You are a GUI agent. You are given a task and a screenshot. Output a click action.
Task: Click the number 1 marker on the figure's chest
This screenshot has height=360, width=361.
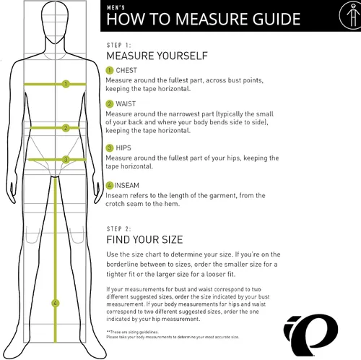[x=66, y=84]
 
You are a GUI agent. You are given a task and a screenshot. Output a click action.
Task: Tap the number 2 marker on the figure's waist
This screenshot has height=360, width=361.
[x=66, y=128]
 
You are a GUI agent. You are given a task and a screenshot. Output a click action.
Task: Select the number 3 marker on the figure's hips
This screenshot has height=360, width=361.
[x=66, y=160]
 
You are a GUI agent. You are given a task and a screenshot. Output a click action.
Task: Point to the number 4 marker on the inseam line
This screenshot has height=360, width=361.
[x=56, y=303]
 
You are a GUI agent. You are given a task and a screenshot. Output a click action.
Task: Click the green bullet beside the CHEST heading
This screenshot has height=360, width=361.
[x=110, y=70]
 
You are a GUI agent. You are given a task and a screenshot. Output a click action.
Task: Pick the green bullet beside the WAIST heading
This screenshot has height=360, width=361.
[x=110, y=104]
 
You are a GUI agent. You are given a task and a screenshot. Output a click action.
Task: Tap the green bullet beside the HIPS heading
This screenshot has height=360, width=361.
[x=110, y=147]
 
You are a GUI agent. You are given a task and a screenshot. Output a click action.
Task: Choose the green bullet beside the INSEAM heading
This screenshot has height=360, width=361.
[x=110, y=185]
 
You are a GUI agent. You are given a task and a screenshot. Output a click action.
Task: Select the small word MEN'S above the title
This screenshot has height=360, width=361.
[x=116, y=7]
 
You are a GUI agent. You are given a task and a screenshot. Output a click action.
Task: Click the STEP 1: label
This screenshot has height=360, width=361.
[x=118, y=45]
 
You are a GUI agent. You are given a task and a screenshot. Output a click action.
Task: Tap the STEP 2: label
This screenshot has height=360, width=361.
[x=118, y=228]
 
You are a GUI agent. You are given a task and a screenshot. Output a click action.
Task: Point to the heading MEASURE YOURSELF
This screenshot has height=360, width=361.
[x=157, y=56]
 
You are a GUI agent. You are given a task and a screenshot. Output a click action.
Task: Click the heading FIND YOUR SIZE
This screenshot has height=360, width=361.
[x=144, y=240]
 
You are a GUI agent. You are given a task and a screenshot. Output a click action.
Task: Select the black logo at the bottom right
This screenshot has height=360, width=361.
[x=310, y=335]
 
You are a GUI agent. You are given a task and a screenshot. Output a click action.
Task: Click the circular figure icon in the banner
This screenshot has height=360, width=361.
[x=350, y=15]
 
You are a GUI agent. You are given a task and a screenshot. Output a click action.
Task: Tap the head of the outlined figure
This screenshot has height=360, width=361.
[x=55, y=22]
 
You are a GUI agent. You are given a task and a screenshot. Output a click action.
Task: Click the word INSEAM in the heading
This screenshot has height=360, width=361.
[x=126, y=185]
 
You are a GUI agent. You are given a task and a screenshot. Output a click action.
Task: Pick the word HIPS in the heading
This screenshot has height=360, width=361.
[x=123, y=147]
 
